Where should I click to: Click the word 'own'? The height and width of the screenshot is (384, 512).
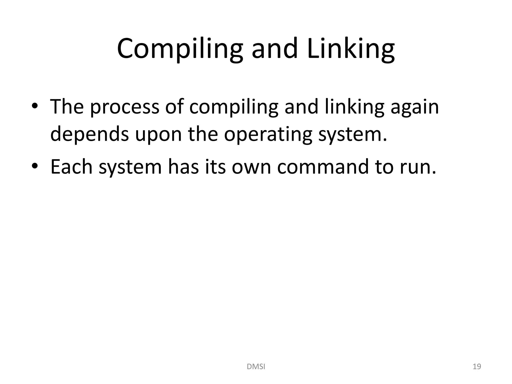pos(251,167)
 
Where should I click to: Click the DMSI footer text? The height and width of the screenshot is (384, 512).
pos(256,367)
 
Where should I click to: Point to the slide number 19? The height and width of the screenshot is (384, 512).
pos(477,367)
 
